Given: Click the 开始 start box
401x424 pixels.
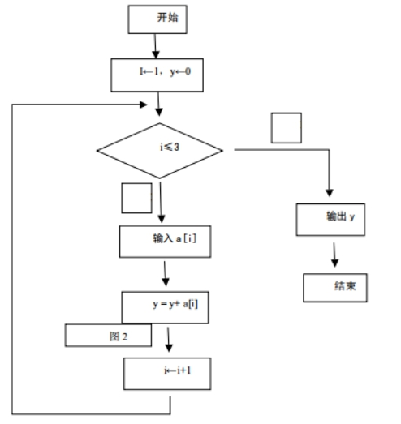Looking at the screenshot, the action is [x=157, y=19].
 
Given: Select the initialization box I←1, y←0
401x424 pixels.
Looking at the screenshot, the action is [x=157, y=75].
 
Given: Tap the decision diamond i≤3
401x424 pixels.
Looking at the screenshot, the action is [x=160, y=151].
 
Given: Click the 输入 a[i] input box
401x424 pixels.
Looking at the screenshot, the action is [x=165, y=242].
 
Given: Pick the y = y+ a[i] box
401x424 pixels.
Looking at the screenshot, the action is [x=165, y=307].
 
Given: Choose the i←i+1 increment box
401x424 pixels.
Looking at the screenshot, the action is [x=167, y=374].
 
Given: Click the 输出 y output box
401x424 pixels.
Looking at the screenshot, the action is [x=330, y=220].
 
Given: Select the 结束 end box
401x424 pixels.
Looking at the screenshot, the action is [x=335, y=288].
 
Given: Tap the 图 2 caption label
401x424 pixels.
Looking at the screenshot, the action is [x=108, y=336].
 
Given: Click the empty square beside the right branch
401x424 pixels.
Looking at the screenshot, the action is [x=287, y=128].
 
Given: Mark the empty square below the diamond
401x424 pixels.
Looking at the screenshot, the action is [x=136, y=198].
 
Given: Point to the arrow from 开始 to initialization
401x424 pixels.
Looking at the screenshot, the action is [x=155, y=46].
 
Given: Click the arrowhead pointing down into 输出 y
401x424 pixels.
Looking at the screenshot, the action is [x=330, y=193].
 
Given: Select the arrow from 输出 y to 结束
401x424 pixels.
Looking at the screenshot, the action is [x=334, y=255].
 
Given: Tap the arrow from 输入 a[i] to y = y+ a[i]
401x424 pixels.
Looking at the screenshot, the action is [x=165, y=273].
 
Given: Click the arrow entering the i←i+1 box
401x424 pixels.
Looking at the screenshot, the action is [x=168, y=340].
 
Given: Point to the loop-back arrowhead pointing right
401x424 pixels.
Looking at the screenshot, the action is [x=143, y=105].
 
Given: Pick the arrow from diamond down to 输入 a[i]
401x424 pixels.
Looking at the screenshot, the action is [x=161, y=202].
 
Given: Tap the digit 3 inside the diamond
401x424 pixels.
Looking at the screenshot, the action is [x=176, y=147].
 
